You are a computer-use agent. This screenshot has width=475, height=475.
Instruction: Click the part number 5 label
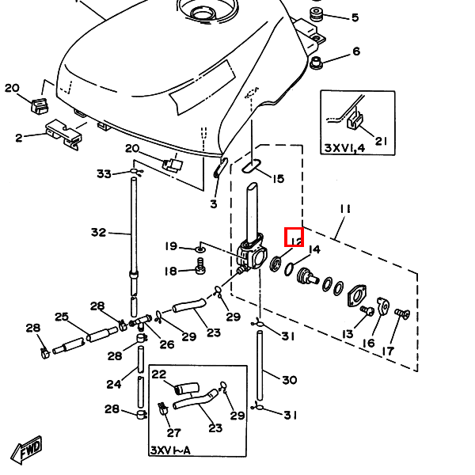click(355, 17)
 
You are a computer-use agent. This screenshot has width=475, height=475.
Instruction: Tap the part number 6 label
click(355, 51)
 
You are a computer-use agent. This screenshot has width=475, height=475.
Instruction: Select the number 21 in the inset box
click(382, 142)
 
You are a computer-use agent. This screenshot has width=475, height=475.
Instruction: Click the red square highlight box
click(294, 237)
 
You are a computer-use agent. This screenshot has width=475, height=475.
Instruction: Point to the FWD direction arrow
click(25, 449)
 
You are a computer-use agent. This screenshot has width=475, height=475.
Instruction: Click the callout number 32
click(98, 233)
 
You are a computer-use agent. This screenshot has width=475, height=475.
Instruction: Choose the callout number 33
click(104, 173)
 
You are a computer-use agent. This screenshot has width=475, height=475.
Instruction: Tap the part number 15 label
click(277, 179)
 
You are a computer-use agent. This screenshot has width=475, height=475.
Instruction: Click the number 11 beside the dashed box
click(345, 209)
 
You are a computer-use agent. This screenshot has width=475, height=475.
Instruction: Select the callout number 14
click(314, 250)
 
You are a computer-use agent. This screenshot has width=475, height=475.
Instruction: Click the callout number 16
click(368, 343)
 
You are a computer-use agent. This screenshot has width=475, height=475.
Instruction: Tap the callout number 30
click(290, 380)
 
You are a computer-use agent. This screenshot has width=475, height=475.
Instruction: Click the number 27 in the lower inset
click(173, 433)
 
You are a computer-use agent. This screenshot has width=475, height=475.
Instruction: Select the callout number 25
click(62, 317)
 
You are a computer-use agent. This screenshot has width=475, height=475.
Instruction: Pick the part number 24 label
click(115, 384)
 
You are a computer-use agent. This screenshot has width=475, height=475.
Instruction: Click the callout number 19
click(171, 247)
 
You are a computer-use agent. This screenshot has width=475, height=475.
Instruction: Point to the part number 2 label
click(18, 138)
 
